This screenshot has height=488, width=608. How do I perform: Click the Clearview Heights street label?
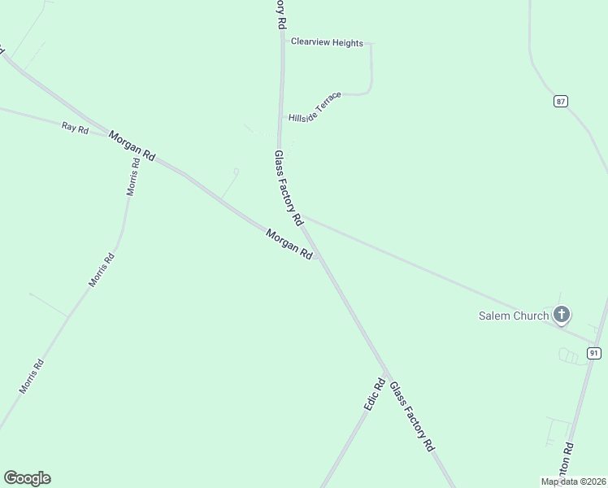point(327,42)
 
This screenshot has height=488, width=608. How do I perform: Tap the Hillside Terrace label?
point(315,107)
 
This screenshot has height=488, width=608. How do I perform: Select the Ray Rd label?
point(75,128)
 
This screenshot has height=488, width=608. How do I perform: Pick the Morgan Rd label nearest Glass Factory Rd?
point(289,243)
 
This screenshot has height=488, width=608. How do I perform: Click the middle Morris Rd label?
point(102,270)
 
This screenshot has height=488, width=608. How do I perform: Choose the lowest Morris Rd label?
point(31,377)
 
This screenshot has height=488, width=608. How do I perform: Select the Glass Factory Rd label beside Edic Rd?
point(412,416)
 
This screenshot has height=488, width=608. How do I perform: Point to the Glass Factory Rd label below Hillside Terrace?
point(289,188)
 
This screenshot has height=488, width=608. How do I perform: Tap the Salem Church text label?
point(513,316)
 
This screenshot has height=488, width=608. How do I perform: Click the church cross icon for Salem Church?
point(561,314)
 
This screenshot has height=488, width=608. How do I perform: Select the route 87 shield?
point(561,101)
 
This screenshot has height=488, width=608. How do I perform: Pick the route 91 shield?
point(594,352)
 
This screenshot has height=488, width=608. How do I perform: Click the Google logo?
point(27,478)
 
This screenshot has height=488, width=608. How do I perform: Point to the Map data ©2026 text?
point(573,481)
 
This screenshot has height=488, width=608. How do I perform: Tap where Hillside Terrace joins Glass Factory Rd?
point(281,118)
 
